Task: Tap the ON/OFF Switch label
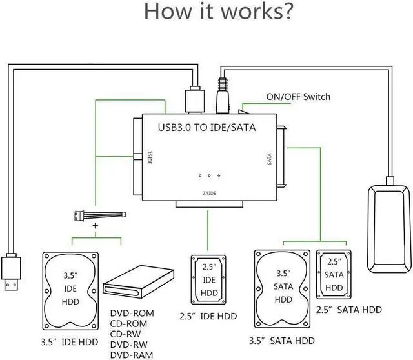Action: [x=297, y=97]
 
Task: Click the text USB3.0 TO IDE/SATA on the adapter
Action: [x=207, y=127]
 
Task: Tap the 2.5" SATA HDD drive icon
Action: [x=334, y=274]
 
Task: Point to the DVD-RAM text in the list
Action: [x=130, y=353]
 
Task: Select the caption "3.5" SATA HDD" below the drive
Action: [x=281, y=340]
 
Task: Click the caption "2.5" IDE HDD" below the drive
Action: [x=207, y=316]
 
